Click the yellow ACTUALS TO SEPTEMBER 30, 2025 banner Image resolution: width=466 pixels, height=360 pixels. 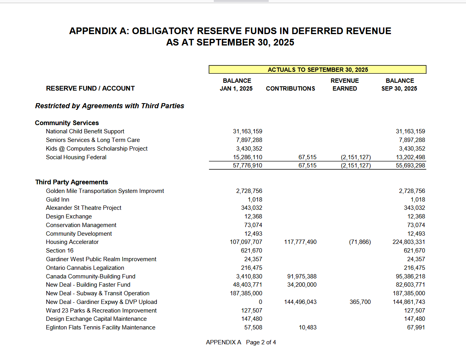pyautogui.click(x=317, y=70)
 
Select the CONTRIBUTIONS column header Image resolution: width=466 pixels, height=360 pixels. pyautogui.click(x=290, y=89)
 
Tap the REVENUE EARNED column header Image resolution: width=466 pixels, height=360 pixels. pyautogui.click(x=344, y=85)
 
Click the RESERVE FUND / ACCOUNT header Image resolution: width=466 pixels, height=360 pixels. pyautogui.click(x=90, y=89)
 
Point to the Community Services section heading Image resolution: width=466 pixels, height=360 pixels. pyautogui.click(x=67, y=123)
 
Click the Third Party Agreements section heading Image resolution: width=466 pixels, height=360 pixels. pyautogui.click(x=71, y=182)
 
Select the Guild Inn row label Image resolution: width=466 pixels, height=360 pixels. pyautogui.click(x=57, y=200)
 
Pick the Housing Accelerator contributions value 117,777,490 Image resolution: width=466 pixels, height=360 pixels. pyautogui.click(x=300, y=242)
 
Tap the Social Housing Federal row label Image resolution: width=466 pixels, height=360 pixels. pyautogui.click(x=76, y=157)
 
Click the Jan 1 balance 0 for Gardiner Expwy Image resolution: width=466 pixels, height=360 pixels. pyautogui.click(x=260, y=302)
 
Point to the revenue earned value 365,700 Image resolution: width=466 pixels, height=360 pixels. pyautogui.click(x=360, y=302)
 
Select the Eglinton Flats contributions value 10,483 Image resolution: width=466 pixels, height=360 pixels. pyautogui.click(x=308, y=327)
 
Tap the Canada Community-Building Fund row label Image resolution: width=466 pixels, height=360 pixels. pyautogui.click(x=90, y=276)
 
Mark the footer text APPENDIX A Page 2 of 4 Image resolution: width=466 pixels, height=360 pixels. pyautogui.click(x=241, y=343)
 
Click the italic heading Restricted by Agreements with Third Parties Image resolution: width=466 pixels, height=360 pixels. pyautogui.click(x=109, y=106)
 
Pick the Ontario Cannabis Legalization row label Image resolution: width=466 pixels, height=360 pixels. pyautogui.click(x=85, y=268)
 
